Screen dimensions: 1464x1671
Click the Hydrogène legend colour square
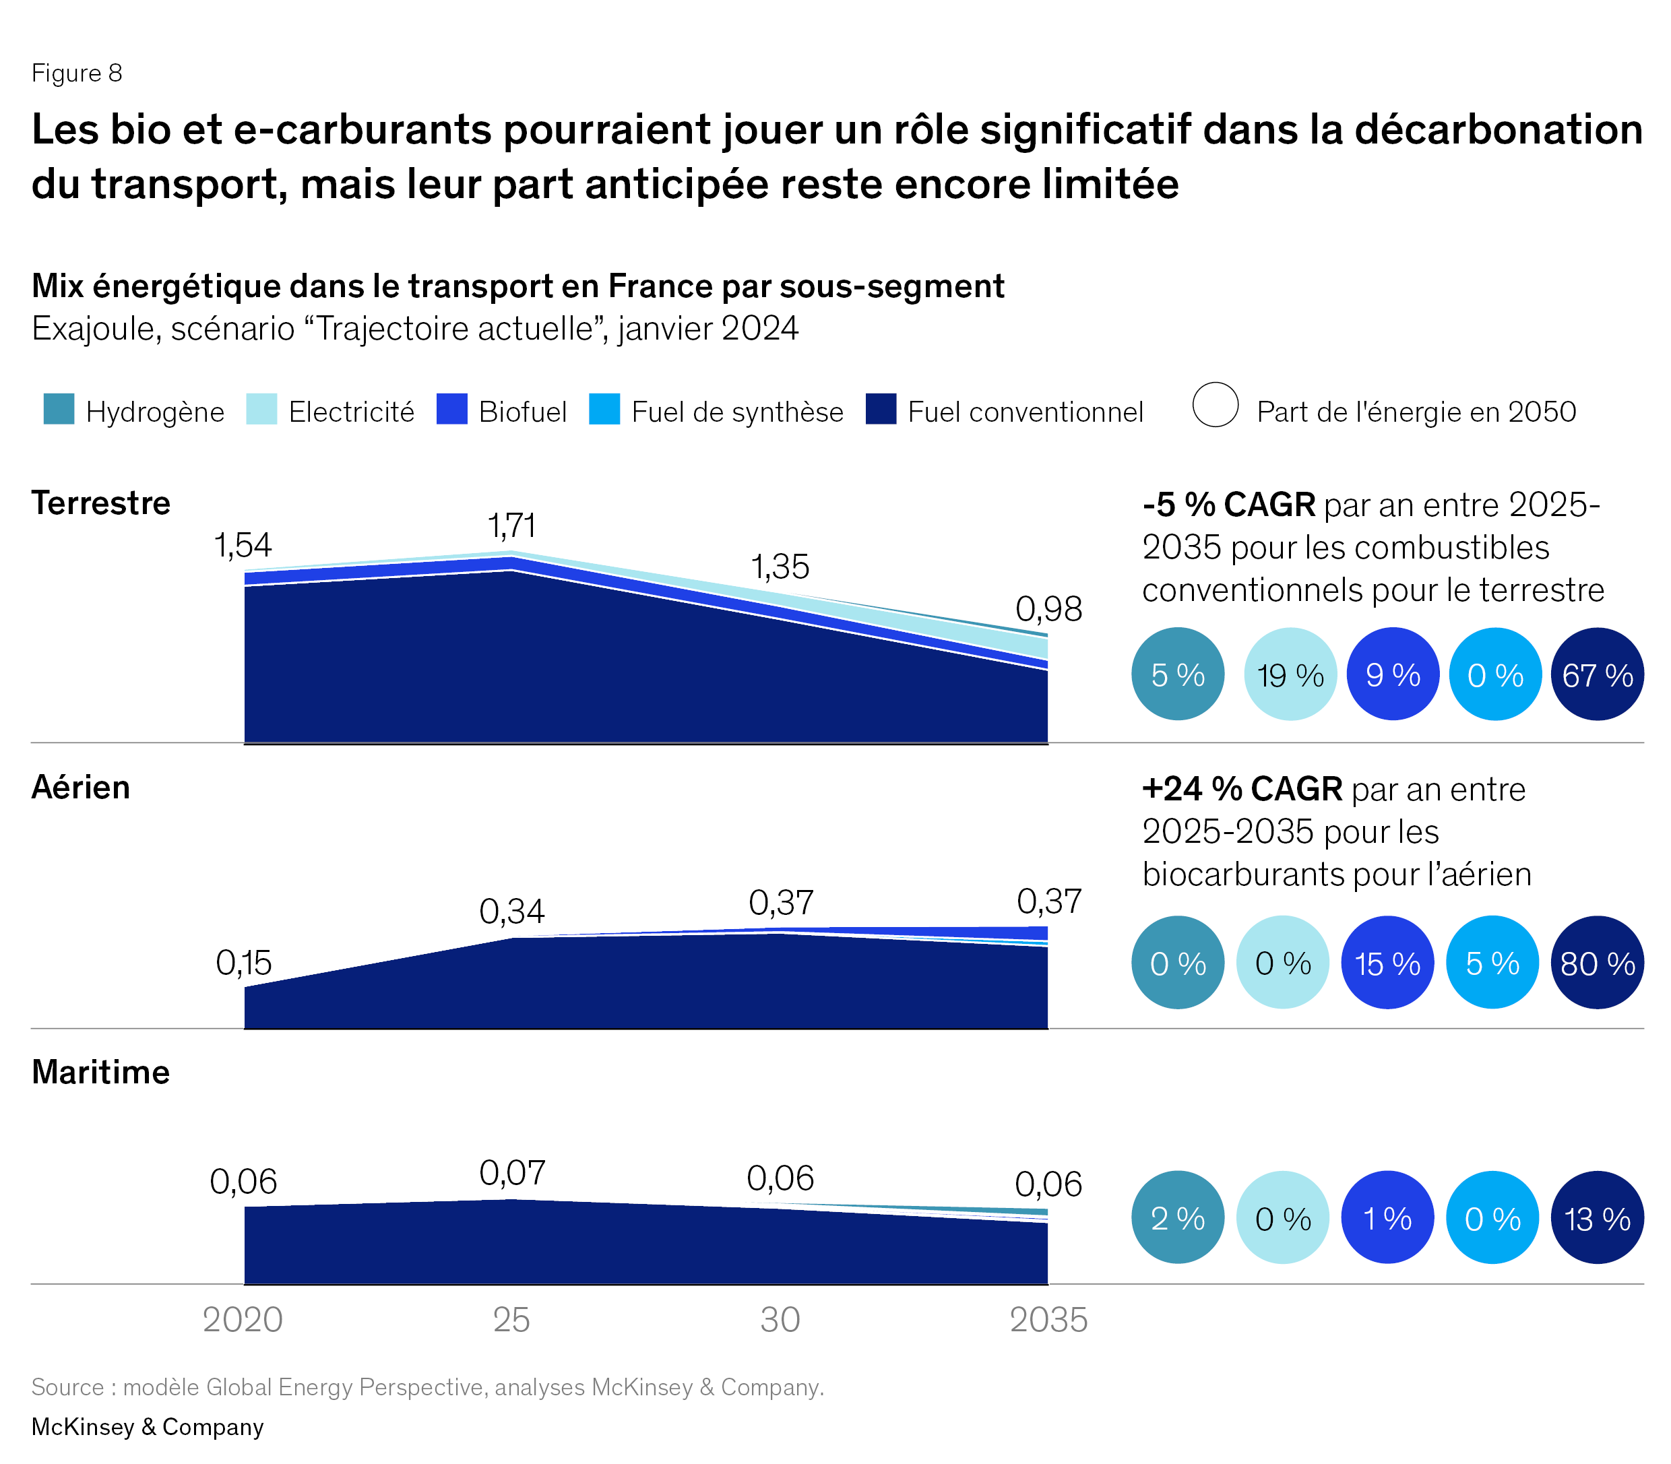click(x=59, y=410)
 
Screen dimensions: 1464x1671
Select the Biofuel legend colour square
click(x=452, y=410)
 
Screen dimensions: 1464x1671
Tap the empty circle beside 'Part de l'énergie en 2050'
click(x=1215, y=404)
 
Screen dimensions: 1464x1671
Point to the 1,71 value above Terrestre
click(x=511, y=526)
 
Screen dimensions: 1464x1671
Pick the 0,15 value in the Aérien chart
click(x=243, y=963)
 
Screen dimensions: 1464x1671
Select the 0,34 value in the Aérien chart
click(x=511, y=912)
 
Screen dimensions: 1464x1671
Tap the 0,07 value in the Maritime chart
click(x=511, y=1173)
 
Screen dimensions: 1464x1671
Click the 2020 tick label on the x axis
click(x=243, y=1319)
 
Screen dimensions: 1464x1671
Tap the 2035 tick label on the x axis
click(x=1048, y=1319)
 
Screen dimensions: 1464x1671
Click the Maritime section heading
click(x=100, y=1072)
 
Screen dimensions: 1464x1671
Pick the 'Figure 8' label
click(x=77, y=73)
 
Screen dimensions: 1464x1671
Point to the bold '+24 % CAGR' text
click(x=1242, y=789)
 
